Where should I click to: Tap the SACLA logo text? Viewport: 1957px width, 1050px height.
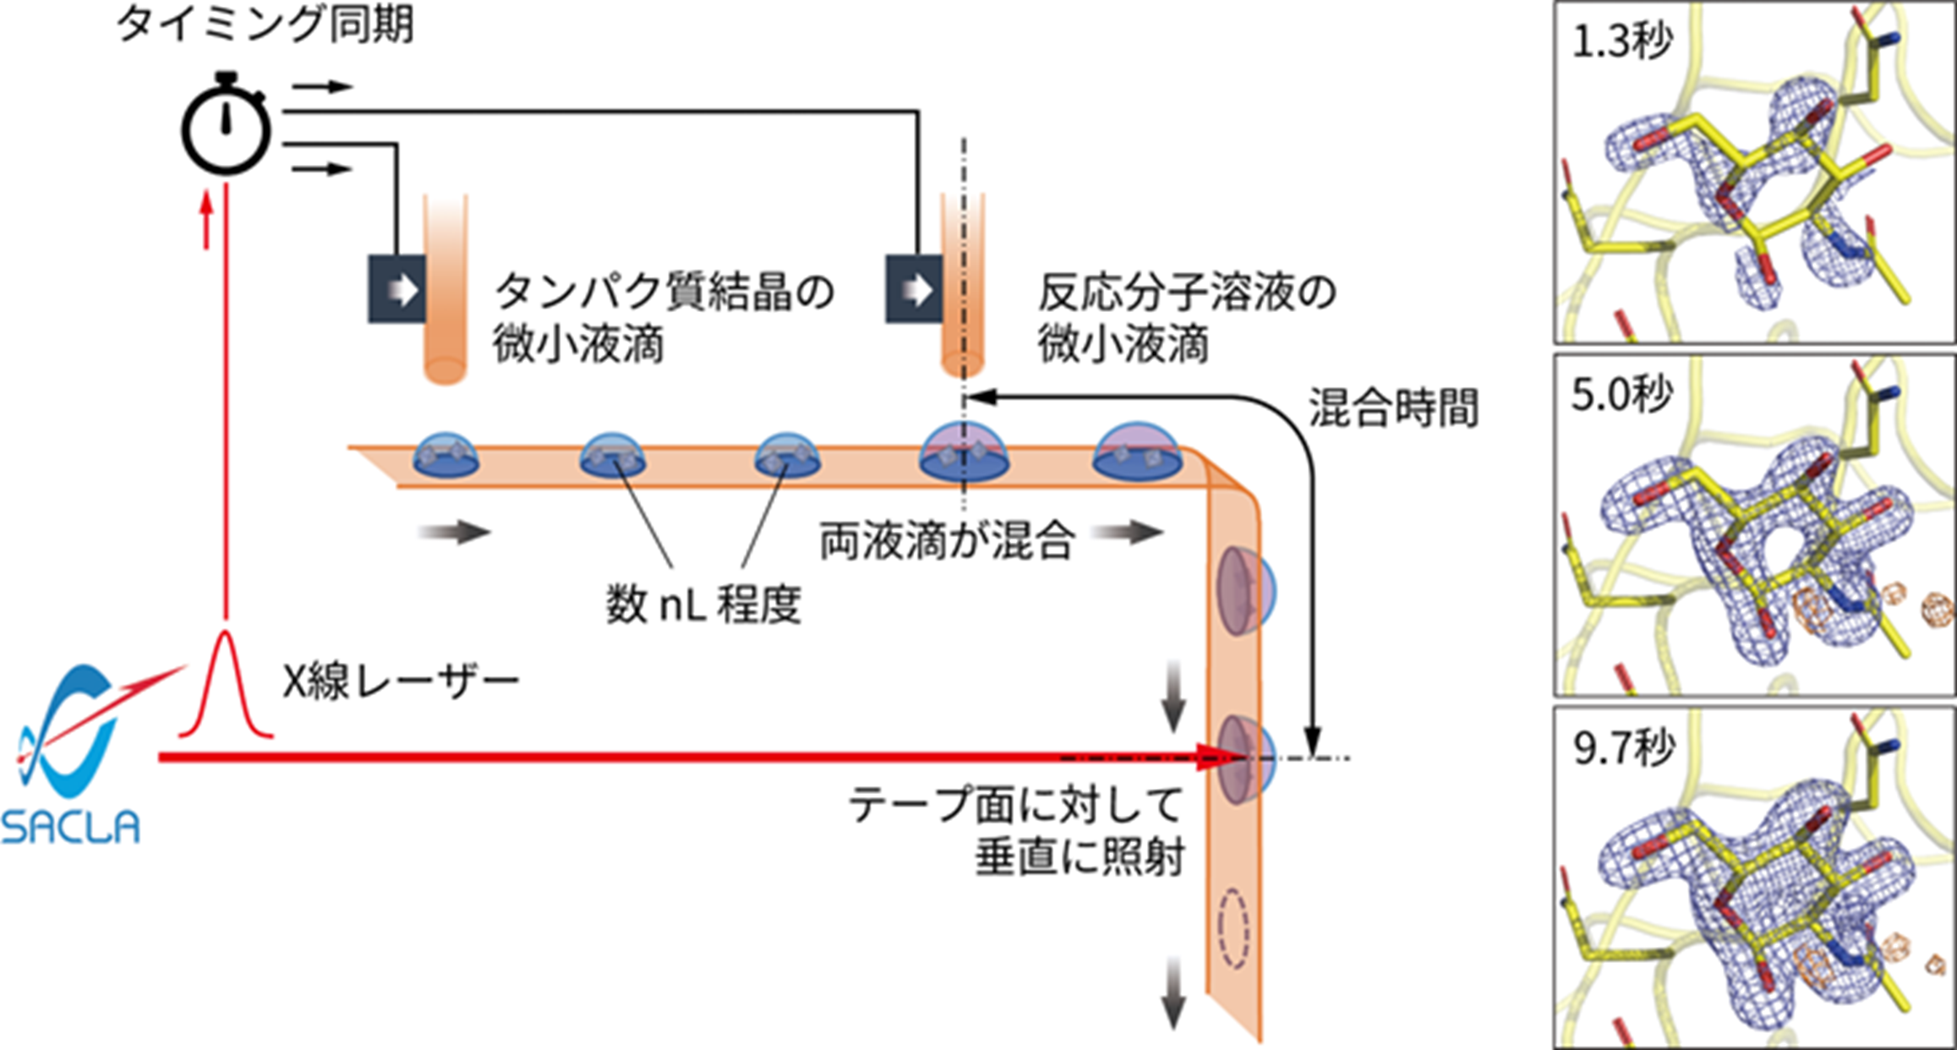point(70,827)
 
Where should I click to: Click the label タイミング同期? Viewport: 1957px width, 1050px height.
point(265,24)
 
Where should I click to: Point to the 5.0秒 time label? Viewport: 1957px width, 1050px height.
point(1621,394)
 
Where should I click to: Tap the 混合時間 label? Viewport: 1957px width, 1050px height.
point(1393,408)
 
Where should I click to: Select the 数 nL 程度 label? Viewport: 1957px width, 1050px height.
point(702,605)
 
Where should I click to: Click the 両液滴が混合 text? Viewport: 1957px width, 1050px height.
point(947,540)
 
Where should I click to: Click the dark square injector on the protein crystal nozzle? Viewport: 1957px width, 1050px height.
point(396,289)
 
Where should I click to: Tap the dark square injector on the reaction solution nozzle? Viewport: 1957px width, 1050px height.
point(914,289)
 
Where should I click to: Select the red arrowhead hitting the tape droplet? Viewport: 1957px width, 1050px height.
point(1213,757)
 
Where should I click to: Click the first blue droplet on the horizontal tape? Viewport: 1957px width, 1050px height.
point(446,457)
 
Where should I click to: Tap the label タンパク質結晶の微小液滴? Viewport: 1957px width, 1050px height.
point(664,317)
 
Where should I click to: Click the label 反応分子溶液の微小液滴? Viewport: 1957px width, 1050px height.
point(1187,317)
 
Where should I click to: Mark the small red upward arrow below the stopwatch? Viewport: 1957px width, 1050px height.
point(205,220)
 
